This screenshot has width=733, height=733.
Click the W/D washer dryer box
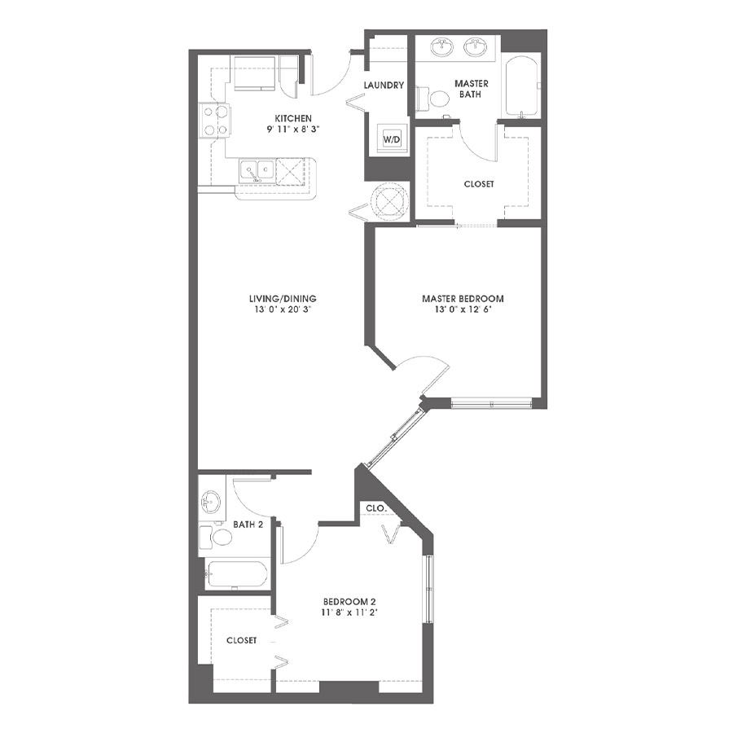(392, 138)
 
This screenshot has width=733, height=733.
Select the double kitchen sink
(257, 171)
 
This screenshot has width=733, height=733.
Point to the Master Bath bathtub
(522, 88)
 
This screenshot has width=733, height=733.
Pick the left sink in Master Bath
(441, 46)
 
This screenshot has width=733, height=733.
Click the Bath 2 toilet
(216, 538)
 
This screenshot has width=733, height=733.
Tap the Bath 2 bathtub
(237, 574)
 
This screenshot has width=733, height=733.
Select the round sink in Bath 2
(211, 503)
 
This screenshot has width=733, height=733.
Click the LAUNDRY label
(384, 85)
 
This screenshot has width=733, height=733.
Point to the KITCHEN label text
(293, 118)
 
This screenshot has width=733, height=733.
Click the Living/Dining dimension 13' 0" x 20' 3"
(283, 309)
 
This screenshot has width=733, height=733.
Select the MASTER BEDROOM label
(463, 298)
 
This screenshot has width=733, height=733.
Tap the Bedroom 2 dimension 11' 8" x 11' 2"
(350, 612)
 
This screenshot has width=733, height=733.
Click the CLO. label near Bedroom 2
(375, 507)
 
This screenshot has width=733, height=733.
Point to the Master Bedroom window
(492, 403)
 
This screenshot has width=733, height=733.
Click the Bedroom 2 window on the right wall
(428, 589)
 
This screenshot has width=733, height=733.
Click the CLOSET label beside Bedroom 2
(241, 640)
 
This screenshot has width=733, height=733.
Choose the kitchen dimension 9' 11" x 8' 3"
(293, 129)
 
